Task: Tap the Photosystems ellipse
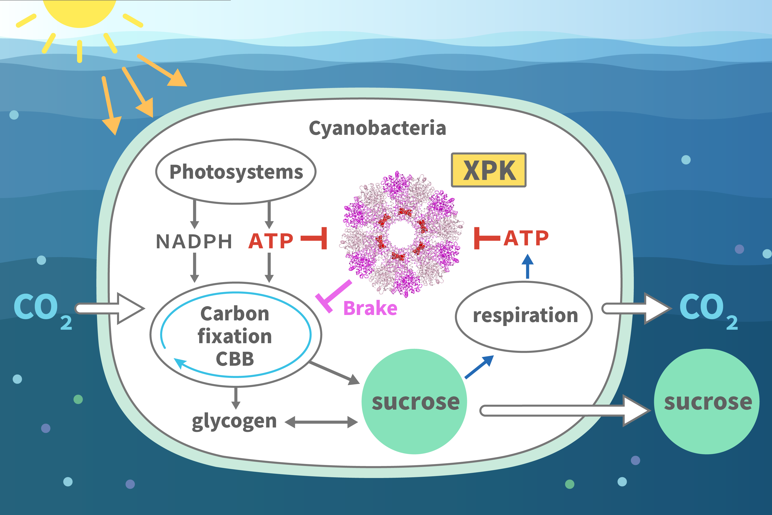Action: click(x=236, y=171)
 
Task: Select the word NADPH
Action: click(x=194, y=241)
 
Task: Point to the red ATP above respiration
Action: click(x=526, y=238)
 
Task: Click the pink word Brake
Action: click(x=370, y=308)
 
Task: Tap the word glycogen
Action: click(x=234, y=421)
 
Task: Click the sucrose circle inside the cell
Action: click(x=414, y=402)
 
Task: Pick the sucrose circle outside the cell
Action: click(x=707, y=402)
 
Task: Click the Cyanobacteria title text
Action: click(x=378, y=128)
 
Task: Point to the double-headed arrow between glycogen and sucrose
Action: click(x=321, y=422)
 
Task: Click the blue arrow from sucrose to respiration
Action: click(x=479, y=367)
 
